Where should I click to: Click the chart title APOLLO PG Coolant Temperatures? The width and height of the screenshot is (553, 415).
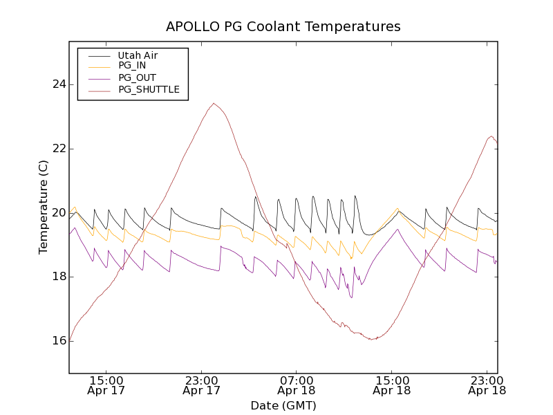pos(283,27)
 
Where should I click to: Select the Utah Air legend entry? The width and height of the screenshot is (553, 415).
pos(138,55)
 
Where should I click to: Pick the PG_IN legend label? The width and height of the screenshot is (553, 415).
pos(132,66)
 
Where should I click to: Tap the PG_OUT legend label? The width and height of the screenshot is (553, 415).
pos(137,77)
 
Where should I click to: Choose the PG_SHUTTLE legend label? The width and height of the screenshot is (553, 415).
pos(149,89)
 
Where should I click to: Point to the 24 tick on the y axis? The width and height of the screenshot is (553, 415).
pos(59,84)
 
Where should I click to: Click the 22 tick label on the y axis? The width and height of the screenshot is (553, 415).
pos(59,149)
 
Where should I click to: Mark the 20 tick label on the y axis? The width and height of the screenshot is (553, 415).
pos(59,212)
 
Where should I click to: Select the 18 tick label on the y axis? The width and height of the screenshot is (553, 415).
pos(59,277)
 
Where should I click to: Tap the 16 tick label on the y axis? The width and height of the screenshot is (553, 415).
pos(59,341)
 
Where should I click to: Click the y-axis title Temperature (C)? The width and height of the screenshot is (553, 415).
pos(44,207)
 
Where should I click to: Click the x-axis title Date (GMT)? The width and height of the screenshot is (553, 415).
pos(283,405)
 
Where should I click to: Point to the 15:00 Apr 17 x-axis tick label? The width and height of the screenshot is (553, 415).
pos(106,385)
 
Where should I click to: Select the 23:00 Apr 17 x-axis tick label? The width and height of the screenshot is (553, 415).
pos(202,385)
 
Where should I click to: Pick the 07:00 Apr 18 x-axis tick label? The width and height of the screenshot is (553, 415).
pos(297,385)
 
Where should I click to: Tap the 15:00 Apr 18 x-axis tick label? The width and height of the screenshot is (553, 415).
pos(392,385)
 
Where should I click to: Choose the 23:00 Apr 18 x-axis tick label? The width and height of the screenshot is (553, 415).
pos(487,385)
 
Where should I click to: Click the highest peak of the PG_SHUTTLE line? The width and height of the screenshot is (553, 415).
pos(214,104)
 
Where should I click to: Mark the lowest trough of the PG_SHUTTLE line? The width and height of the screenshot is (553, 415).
pos(372,340)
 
